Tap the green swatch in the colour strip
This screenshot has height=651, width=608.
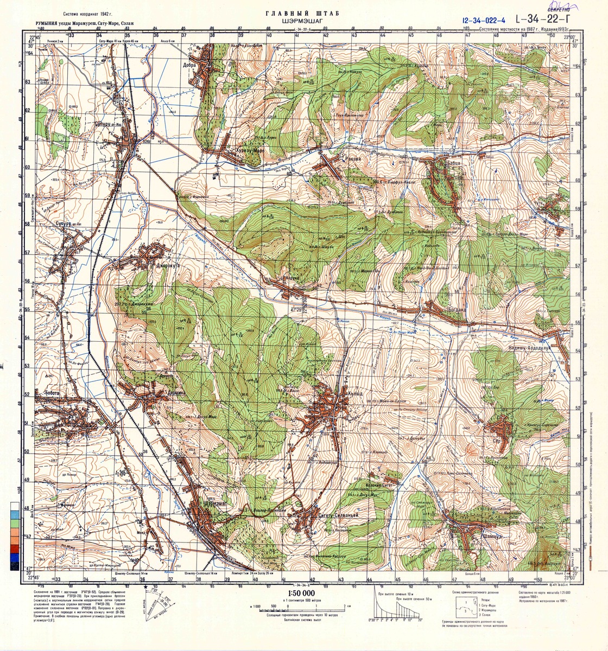click(13, 525)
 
